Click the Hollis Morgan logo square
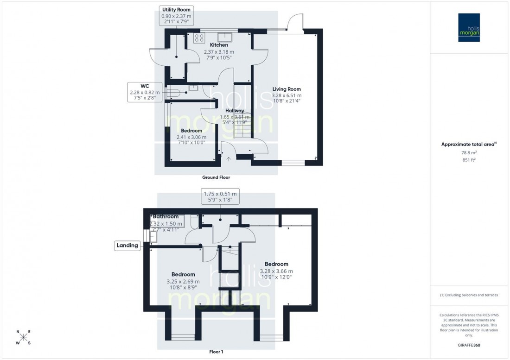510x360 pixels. (x=469, y=27)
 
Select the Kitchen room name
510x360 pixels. (x=219, y=45)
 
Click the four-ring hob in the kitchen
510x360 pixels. (x=200, y=38)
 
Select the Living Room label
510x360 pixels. (x=287, y=89)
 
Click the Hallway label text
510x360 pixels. (x=235, y=111)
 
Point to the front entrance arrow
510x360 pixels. (x=229, y=159)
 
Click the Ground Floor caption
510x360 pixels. (x=216, y=177)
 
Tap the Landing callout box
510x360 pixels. (x=128, y=246)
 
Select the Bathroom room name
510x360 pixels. (x=166, y=216)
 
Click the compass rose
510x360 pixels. (x=24, y=337)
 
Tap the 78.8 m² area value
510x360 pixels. (x=470, y=152)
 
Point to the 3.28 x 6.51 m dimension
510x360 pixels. (x=286, y=95)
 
